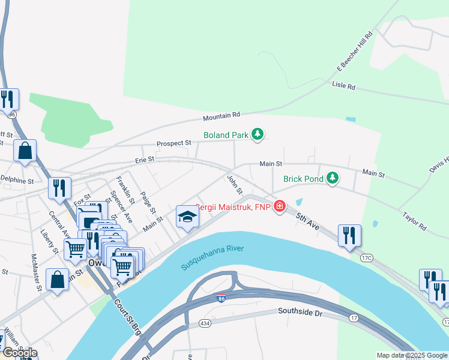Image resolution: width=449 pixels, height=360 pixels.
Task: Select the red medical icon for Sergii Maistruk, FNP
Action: pyautogui.click(x=279, y=207)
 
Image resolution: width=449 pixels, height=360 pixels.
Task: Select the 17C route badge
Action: pyautogui.click(x=367, y=257)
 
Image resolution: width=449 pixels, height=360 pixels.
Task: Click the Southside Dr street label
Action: pyautogui.click(x=301, y=311)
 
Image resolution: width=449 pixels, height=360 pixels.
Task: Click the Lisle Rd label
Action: pyautogui.click(x=343, y=86)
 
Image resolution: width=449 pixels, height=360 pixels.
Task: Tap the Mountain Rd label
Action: pyautogui.click(x=221, y=115)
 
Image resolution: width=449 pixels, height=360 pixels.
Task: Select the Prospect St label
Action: pyautogui.click(x=173, y=143)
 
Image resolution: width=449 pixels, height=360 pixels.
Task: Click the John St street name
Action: pyautogui.click(x=235, y=184)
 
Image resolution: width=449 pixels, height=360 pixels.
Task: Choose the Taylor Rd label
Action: pyautogui.click(x=414, y=220)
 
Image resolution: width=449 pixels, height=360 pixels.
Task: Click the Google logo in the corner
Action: pyautogui.click(x=19, y=353)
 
